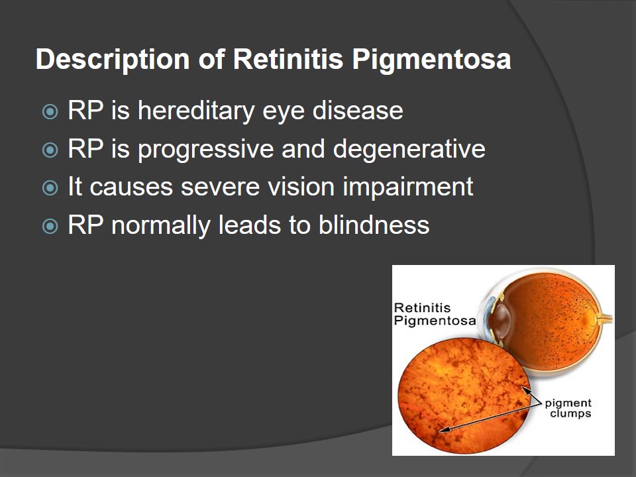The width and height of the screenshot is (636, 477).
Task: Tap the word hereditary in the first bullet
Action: pos(196,111)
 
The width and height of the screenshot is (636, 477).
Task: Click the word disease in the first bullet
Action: pos(358,111)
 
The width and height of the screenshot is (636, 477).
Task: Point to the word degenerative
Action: pos(409,150)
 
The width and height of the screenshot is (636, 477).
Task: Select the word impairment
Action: pos(408,187)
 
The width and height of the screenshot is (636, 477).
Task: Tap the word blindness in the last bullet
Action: pos(374,225)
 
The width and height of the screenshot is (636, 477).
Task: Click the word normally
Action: pos(160,226)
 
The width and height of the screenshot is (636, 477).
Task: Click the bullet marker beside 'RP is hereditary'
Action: pos(50,111)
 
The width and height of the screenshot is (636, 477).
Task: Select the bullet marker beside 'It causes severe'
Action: pos(50,187)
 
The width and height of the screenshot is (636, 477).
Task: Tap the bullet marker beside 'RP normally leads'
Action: pos(50,226)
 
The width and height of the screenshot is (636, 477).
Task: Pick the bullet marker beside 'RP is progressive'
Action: pos(50,150)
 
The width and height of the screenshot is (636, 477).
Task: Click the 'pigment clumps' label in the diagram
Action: pos(568,408)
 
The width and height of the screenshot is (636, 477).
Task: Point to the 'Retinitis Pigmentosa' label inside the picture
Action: pos(435,314)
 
